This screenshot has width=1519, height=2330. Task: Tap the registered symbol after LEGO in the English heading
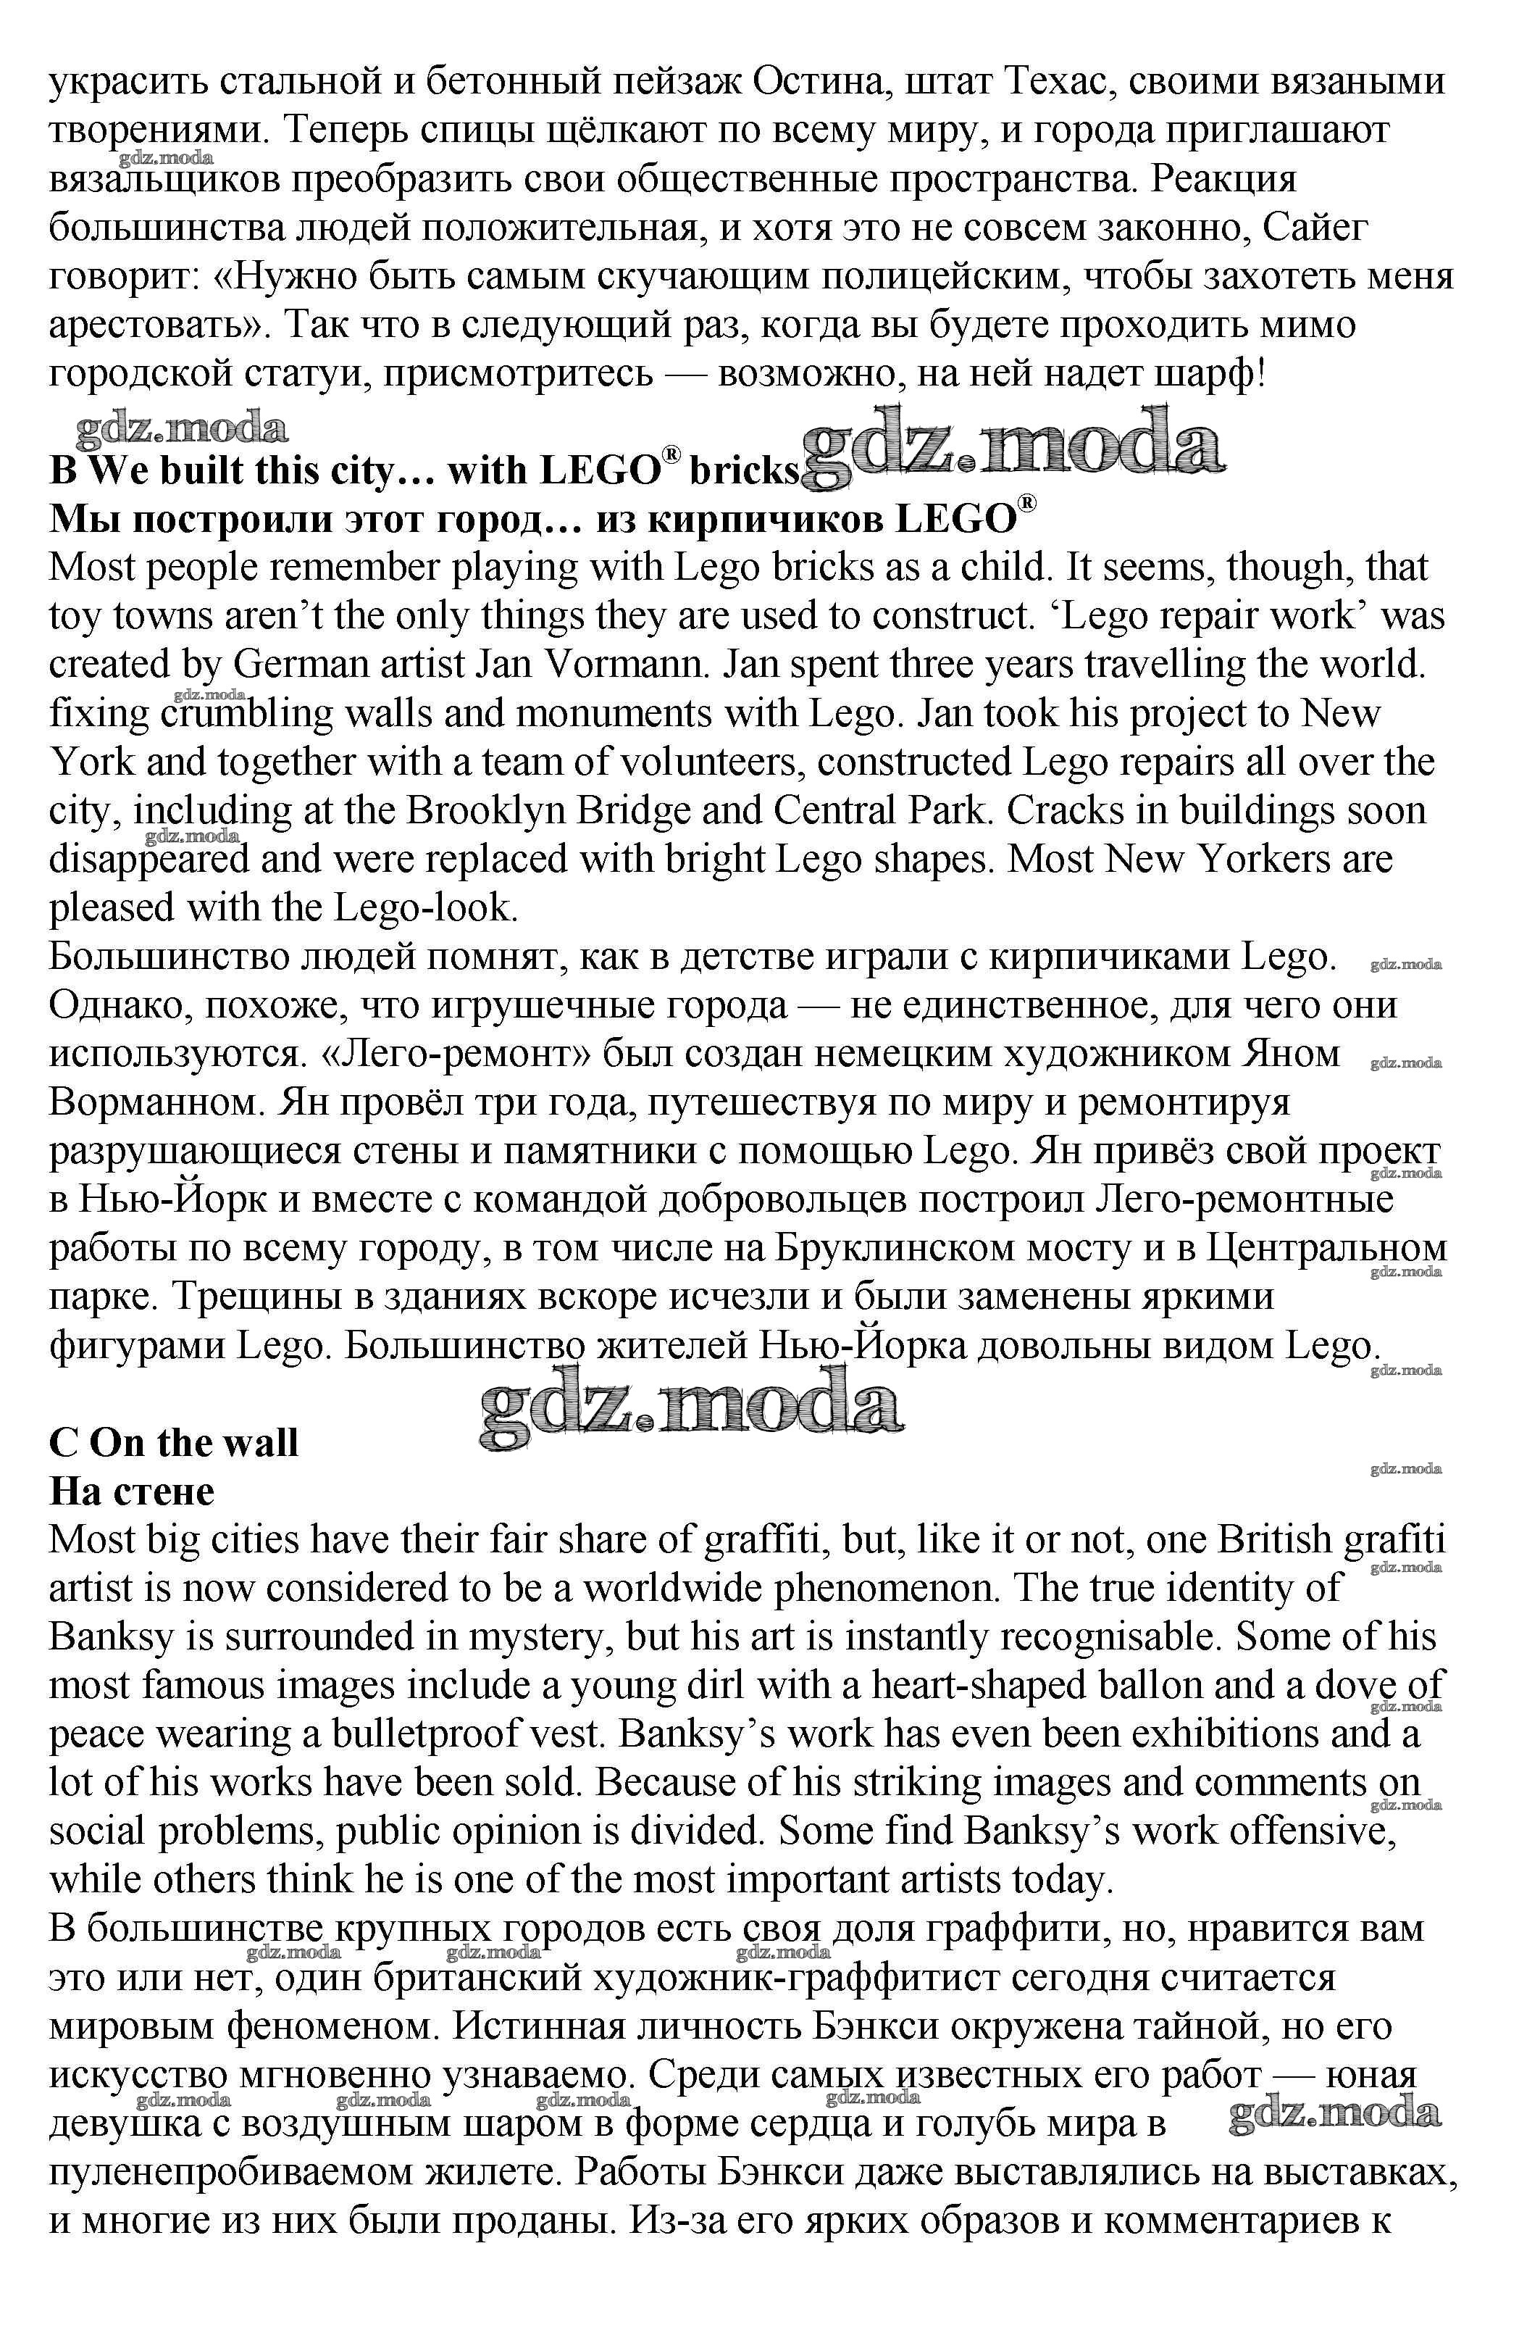point(671,455)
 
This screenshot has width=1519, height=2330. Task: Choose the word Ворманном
point(156,1102)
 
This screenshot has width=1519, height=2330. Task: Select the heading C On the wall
point(173,1443)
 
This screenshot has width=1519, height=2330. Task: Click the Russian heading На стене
point(131,1491)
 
